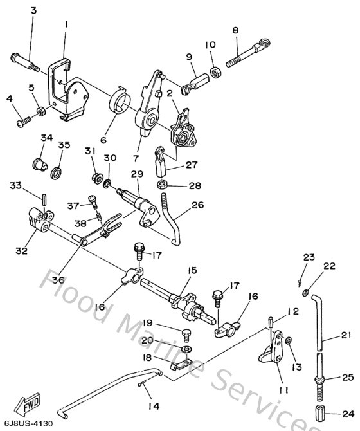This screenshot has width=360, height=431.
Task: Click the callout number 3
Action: (33, 11)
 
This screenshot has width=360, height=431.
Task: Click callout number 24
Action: (348, 414)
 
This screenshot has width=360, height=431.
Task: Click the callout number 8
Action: (235, 30)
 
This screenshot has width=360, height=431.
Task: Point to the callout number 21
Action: (347, 335)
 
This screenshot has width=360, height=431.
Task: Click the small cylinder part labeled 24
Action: (321, 413)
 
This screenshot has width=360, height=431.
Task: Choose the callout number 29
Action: (137, 174)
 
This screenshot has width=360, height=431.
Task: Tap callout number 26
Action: (197, 206)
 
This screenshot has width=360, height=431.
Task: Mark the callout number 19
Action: (147, 323)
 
